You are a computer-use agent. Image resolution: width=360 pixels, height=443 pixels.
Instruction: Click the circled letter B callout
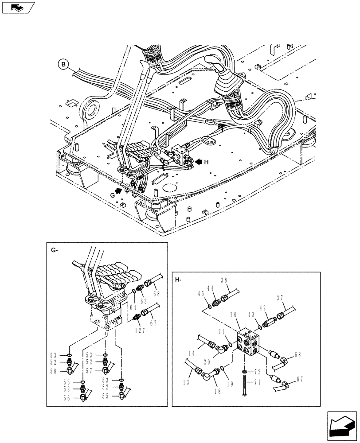[x=64, y=65]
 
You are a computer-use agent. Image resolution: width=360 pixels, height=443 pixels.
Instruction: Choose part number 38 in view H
[x=224, y=280]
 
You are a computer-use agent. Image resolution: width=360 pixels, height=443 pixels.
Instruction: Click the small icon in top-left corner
[x=18, y=7]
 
